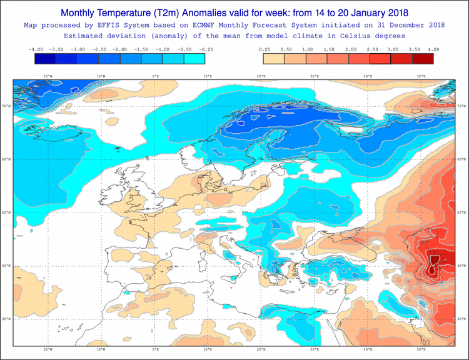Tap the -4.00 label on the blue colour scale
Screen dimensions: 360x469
pyautogui.click(x=36, y=49)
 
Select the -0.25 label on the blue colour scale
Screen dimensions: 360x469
pyautogui.click(x=205, y=49)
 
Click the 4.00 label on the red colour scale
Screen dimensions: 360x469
pyautogui.click(x=433, y=49)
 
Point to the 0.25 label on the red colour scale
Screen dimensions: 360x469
pyautogui.click(x=265, y=49)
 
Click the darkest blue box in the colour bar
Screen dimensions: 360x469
pyautogui.click(x=46, y=59)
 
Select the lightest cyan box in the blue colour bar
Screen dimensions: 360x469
pyautogui.click(x=194, y=59)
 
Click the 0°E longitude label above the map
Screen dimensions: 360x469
pyautogui.click(x=155, y=76)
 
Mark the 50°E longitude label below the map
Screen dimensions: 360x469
pyautogui.click(x=421, y=349)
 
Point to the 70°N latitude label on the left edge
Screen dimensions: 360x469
pyautogui.click(x=7, y=106)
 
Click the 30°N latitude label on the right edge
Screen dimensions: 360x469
pyautogui.click(x=461, y=319)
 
